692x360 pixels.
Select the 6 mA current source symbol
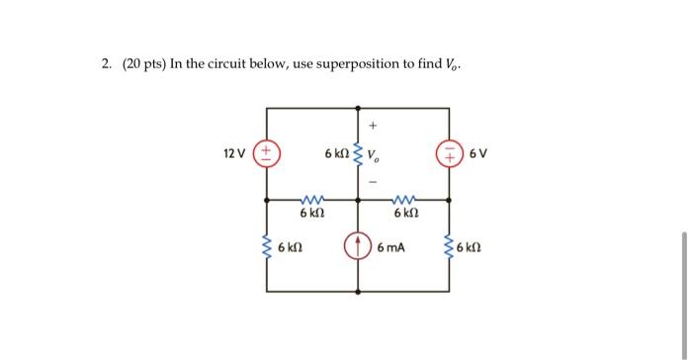tap(358, 245)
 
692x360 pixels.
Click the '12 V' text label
tap(235, 154)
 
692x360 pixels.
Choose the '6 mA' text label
tap(391, 246)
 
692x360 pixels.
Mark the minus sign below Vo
tap(373, 181)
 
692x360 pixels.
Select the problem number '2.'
tap(106, 65)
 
